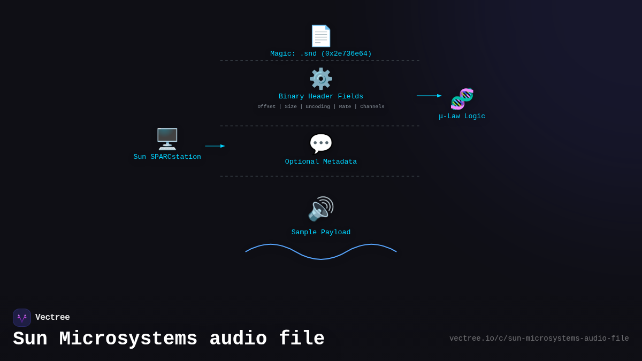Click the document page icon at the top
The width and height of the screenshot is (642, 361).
[321, 36]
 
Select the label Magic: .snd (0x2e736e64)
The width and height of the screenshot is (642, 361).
[321, 54]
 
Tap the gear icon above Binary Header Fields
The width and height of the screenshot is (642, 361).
[321, 79]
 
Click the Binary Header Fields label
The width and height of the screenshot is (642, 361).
[321, 97]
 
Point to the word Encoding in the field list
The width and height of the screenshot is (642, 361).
[318, 107]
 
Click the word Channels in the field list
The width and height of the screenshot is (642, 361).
[372, 107]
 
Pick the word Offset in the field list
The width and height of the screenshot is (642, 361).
[266, 107]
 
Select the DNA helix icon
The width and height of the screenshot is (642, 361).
[462, 99]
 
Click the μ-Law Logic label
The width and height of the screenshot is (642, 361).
[462, 117]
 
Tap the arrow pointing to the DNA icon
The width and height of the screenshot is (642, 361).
[429, 96]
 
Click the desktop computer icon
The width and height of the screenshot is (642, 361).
[167, 139]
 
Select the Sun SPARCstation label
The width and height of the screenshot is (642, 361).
[167, 157]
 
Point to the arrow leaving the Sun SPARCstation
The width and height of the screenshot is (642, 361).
[215, 146]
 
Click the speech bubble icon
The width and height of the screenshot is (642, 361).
[321, 144]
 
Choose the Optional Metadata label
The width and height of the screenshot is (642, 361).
[321, 162]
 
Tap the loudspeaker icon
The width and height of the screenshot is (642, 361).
[321, 209]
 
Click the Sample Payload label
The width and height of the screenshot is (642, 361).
[321, 233]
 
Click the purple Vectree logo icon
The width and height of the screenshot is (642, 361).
[22, 318]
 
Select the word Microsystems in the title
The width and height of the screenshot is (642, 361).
[128, 339]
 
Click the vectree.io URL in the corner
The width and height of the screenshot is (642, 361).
[539, 339]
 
